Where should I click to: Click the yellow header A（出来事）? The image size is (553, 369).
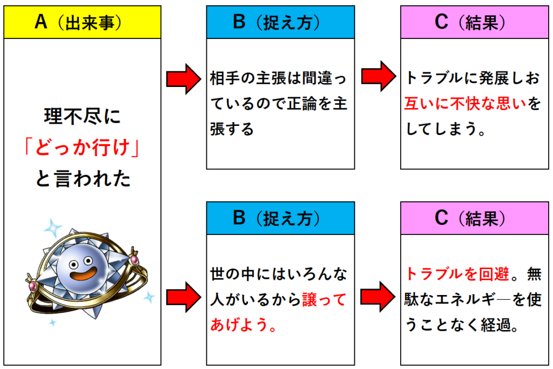click(x=82, y=22)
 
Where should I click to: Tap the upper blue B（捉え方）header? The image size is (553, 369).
click(x=280, y=22)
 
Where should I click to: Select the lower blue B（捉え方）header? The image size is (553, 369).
click(x=280, y=218)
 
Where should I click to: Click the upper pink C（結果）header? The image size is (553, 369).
click(x=474, y=22)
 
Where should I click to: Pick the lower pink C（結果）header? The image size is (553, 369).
click(x=474, y=218)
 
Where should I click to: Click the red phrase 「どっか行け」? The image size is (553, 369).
click(x=82, y=147)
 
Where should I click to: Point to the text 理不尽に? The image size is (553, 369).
click(x=82, y=116)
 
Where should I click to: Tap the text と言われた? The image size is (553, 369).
click(x=83, y=178)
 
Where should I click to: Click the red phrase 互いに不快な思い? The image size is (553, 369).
click(x=464, y=104)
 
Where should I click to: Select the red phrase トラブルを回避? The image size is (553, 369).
click(x=457, y=274)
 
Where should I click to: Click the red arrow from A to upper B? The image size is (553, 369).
click(x=184, y=79)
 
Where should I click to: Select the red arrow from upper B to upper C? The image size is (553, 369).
click(x=379, y=76)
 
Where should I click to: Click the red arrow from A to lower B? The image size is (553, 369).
click(x=184, y=297)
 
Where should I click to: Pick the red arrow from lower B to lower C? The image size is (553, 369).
click(x=377, y=297)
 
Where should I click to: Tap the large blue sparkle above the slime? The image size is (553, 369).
click(x=53, y=228)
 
